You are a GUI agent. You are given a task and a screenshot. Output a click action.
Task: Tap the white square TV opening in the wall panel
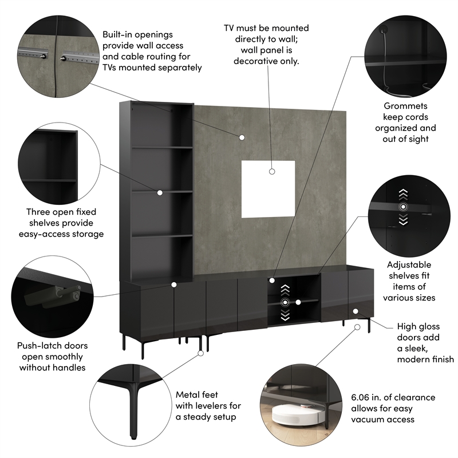(268, 189)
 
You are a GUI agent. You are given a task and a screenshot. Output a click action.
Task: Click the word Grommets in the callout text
(405, 106)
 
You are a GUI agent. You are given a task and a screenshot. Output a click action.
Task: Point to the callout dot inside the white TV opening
(272, 171)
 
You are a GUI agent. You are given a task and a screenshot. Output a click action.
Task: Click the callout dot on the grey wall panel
(242, 137)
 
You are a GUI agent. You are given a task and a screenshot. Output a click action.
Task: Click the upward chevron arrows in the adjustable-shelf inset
(404, 193)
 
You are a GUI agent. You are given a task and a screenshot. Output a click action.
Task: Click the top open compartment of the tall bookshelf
(163, 125)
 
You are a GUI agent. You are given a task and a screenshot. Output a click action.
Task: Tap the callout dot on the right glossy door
(356, 311)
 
